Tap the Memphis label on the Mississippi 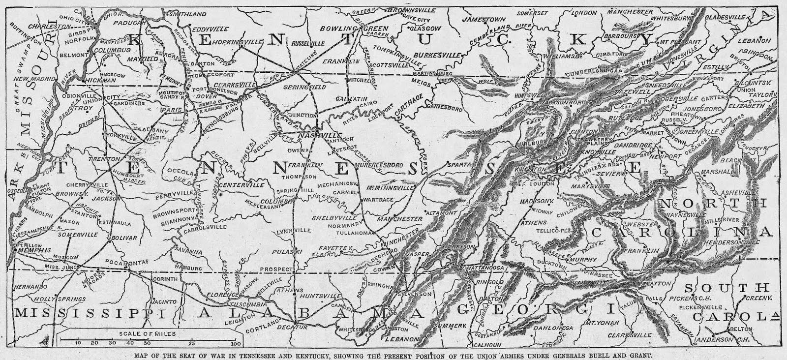click(x=35, y=250)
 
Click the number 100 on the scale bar click(x=236, y=342)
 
